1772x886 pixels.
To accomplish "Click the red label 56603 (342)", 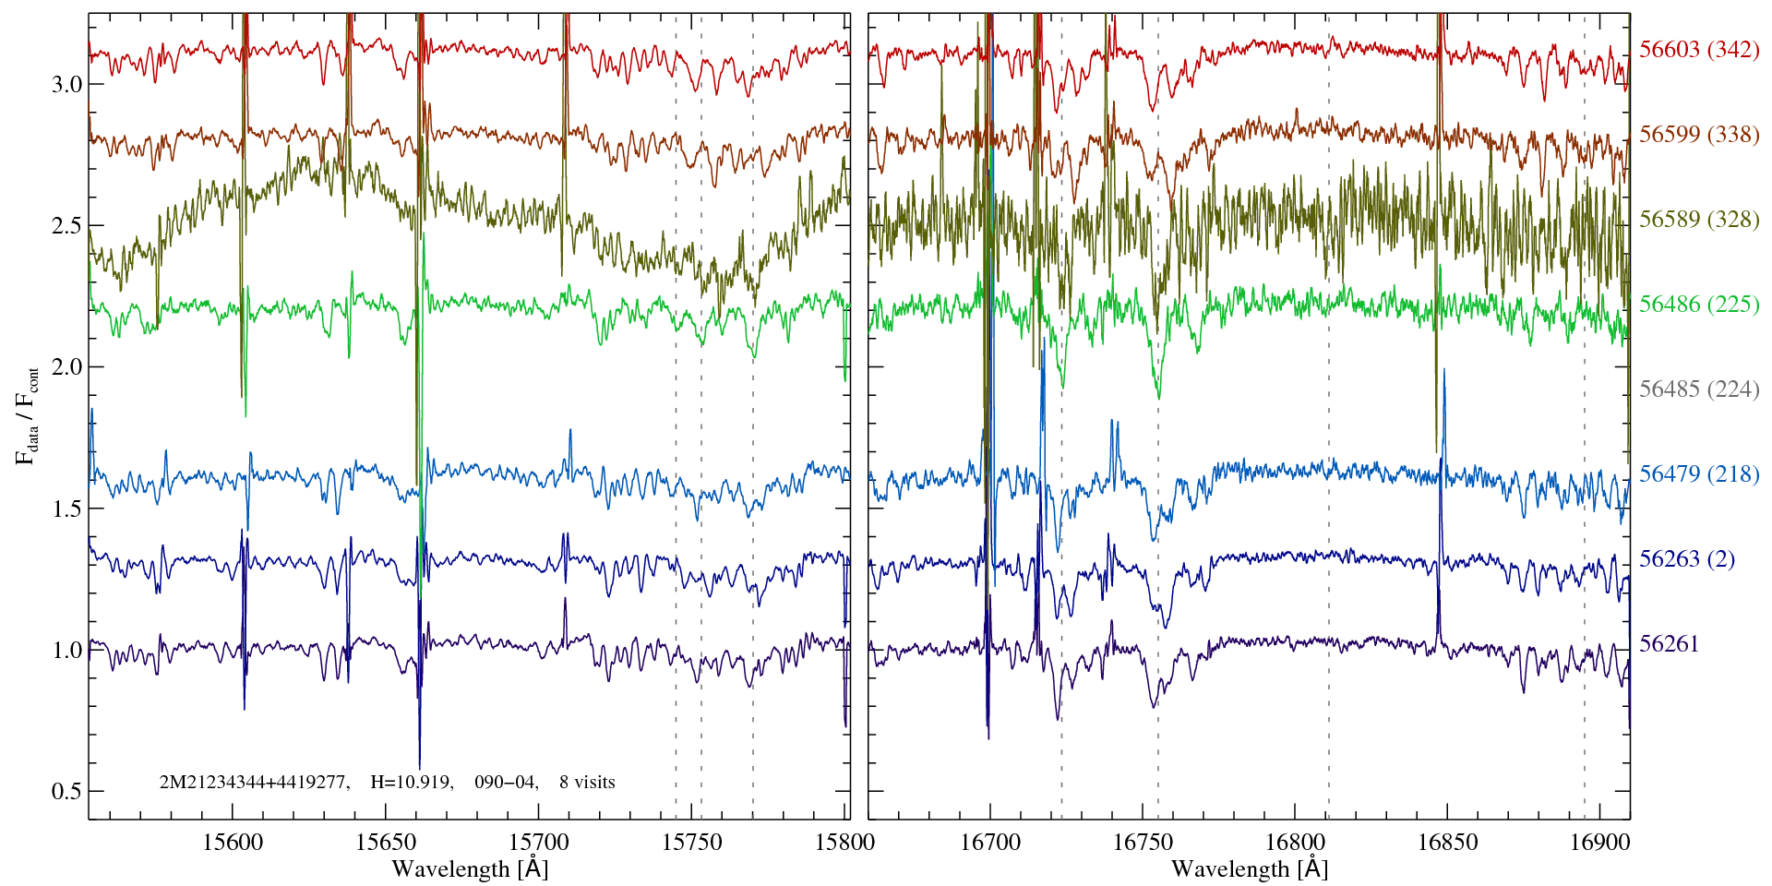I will [1698, 50].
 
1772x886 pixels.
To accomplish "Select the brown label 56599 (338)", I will [1698, 135].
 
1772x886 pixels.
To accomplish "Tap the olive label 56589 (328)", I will [1698, 220].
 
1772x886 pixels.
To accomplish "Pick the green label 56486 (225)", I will [1698, 305].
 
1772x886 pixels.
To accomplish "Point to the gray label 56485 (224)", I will [1698, 389].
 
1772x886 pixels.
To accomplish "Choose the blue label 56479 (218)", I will [1698, 474].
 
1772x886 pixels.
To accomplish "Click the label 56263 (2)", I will [1686, 559].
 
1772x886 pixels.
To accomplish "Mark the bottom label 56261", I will [1669, 644].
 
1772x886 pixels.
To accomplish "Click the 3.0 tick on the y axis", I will [66, 85].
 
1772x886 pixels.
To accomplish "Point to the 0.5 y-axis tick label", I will [66, 792].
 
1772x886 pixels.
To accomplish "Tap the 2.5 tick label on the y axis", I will [66, 226].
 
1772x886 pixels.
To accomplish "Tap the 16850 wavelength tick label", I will [1446, 842].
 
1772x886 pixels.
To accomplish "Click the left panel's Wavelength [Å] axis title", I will [470, 869].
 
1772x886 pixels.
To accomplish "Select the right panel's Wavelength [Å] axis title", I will [1250, 869].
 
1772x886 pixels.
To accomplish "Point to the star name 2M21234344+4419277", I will [254, 783].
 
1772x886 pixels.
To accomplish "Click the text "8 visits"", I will [587, 783].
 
